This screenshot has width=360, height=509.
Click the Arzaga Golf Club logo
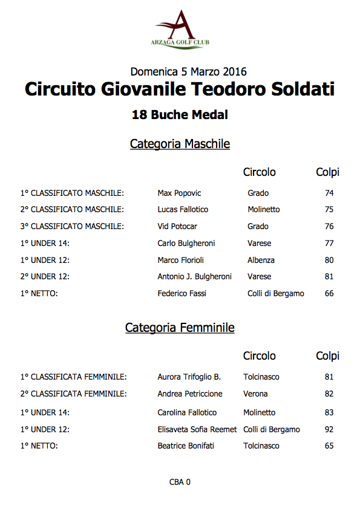(x=180, y=28)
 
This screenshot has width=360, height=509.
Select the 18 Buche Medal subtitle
(x=180, y=114)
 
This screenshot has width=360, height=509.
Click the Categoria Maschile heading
(x=180, y=144)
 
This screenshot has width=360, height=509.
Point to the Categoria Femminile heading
(x=180, y=328)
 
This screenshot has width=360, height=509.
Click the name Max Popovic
(x=179, y=193)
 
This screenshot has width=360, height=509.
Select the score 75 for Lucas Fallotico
(x=329, y=210)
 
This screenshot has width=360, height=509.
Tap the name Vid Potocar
(x=178, y=227)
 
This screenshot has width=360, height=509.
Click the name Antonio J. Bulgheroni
(x=194, y=277)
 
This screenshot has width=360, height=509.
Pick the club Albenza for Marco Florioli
(x=261, y=261)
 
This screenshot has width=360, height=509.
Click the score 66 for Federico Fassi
(x=329, y=294)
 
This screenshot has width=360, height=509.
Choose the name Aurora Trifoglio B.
(x=189, y=377)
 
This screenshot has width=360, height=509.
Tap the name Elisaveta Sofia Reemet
(x=197, y=430)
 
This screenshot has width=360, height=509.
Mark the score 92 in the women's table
(x=329, y=430)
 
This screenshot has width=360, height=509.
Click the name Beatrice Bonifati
(x=186, y=446)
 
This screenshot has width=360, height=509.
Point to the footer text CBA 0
(x=180, y=482)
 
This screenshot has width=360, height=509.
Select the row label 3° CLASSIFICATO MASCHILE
(x=72, y=227)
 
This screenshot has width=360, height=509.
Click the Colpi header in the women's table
(x=327, y=356)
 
